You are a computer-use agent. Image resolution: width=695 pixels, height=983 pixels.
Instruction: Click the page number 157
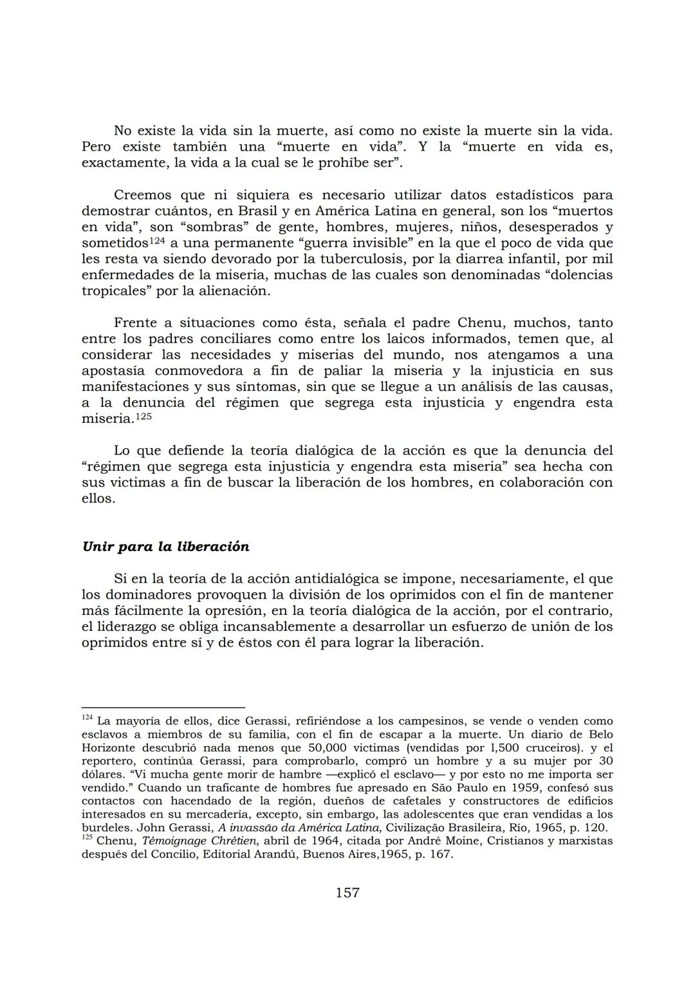[x=347, y=892]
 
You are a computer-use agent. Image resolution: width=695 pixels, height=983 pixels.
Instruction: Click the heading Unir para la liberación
[x=165, y=547]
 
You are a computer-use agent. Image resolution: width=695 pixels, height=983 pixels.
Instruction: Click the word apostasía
[x=113, y=371]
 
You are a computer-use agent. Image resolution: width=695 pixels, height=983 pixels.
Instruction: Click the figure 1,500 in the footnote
[x=494, y=748]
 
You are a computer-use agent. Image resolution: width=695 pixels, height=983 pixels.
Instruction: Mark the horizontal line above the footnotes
[x=163, y=707]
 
